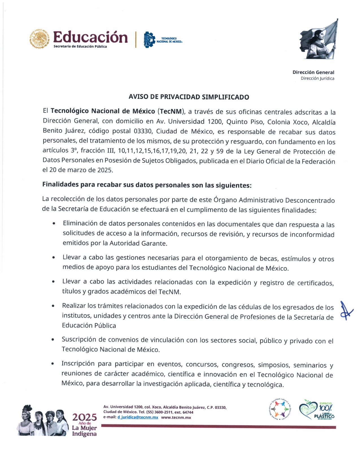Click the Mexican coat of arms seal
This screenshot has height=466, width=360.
tap(39, 39)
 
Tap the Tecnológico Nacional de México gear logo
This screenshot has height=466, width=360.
tap(149, 40)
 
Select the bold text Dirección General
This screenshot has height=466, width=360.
tap(313, 72)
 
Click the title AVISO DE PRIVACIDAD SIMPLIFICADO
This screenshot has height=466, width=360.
tap(189, 97)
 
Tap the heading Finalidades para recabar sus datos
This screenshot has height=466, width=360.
tap(147, 185)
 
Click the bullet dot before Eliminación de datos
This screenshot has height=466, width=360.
tap(54, 224)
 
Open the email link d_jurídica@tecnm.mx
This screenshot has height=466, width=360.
tap(138, 417)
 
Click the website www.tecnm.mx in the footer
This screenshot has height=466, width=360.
tap(176, 417)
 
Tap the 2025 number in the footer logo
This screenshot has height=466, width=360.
tap(84, 417)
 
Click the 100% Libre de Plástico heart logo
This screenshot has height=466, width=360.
tap(316, 409)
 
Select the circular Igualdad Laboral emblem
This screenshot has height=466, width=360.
tap(279, 409)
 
